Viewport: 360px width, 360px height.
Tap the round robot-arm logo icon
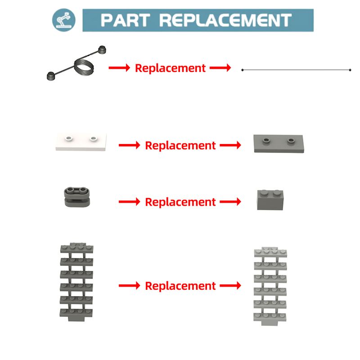point(64,20)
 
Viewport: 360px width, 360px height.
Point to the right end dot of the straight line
point(350,70)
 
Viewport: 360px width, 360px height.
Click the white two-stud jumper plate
point(81,142)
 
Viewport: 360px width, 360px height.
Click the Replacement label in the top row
point(170,68)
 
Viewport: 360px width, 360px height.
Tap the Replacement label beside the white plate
point(180,146)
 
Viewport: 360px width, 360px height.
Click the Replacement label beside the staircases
point(180,286)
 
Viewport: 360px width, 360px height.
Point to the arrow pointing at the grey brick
point(230,202)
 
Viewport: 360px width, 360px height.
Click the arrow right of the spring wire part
point(119,68)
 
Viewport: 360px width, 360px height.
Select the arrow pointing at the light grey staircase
point(230,286)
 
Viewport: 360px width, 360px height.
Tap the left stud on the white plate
point(68,137)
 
